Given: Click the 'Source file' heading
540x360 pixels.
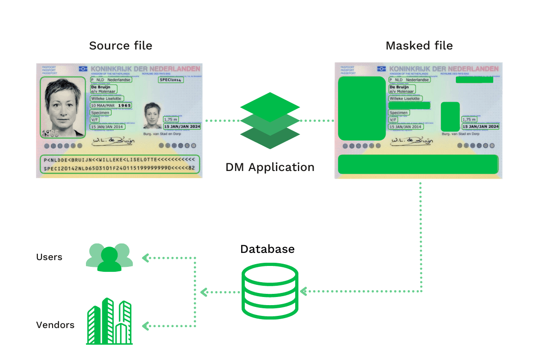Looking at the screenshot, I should [x=120, y=46].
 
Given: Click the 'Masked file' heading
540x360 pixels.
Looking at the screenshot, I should [x=419, y=46].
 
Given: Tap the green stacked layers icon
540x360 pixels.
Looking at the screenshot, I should [x=270, y=121].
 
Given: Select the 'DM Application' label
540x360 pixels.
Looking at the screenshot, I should [x=270, y=167].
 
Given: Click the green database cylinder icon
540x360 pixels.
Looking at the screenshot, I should [x=270, y=291].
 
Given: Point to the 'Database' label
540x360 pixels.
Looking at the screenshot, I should [x=267, y=249].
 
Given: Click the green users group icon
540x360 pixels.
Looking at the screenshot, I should [x=109, y=257].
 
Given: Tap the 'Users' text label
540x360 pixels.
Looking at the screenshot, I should [x=49, y=257].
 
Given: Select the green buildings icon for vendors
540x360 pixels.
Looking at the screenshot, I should [x=109, y=321].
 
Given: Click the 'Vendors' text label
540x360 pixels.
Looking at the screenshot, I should [x=55, y=325].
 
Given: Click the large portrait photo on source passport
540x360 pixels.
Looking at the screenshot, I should [x=63, y=107].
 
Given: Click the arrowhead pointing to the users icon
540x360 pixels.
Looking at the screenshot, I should [x=145, y=258].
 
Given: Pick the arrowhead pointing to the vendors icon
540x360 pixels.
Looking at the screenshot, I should [x=145, y=325].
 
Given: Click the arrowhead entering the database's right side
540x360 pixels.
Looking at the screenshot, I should [x=303, y=292].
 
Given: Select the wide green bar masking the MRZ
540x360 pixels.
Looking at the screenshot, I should [x=418, y=164].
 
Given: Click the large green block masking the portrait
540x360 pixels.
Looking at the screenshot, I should [x=361, y=108].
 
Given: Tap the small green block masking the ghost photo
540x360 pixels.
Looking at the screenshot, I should [x=450, y=117].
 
